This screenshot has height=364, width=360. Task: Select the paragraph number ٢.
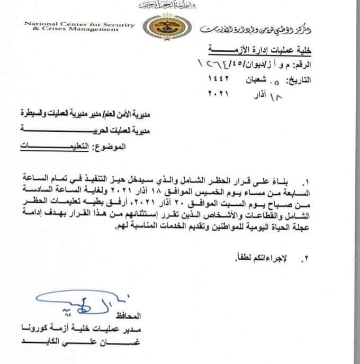click(304, 259)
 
